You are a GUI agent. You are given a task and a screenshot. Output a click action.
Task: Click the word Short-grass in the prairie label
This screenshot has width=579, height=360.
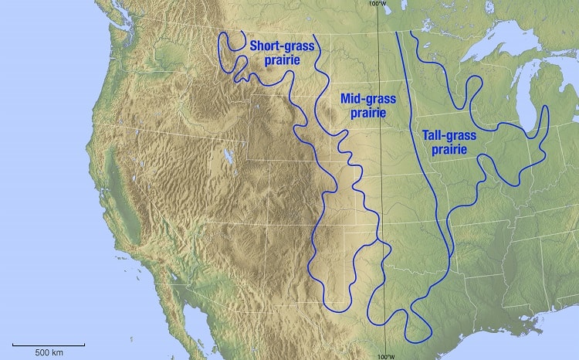[x=282, y=46]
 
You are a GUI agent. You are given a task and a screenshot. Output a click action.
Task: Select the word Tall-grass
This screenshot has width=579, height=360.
[x=449, y=135]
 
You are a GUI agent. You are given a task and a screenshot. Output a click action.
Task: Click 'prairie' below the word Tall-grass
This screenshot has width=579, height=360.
[x=449, y=148]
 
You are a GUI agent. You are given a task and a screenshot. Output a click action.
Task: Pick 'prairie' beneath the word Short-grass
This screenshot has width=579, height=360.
[x=281, y=60]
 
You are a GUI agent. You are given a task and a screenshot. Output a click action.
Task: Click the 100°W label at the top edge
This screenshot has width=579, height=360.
[x=378, y=4]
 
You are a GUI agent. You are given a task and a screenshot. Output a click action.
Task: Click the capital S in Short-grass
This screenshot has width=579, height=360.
[x=253, y=46]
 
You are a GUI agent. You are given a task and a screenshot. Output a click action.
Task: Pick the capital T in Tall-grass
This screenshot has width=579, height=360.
[x=426, y=135]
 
